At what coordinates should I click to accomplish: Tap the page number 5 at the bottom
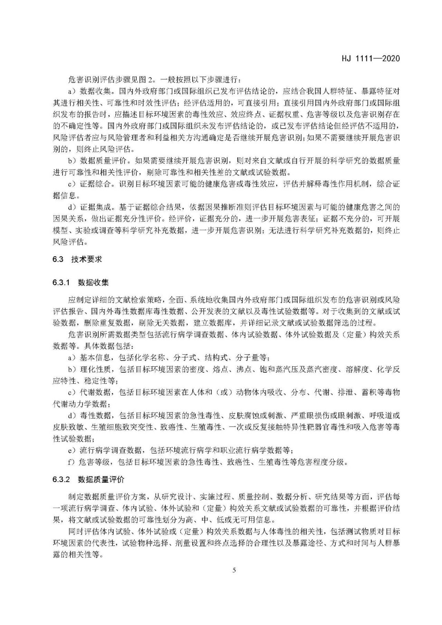pos(234,570)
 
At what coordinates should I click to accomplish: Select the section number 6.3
pos(58,259)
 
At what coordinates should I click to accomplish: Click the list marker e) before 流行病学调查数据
pos(72,450)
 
